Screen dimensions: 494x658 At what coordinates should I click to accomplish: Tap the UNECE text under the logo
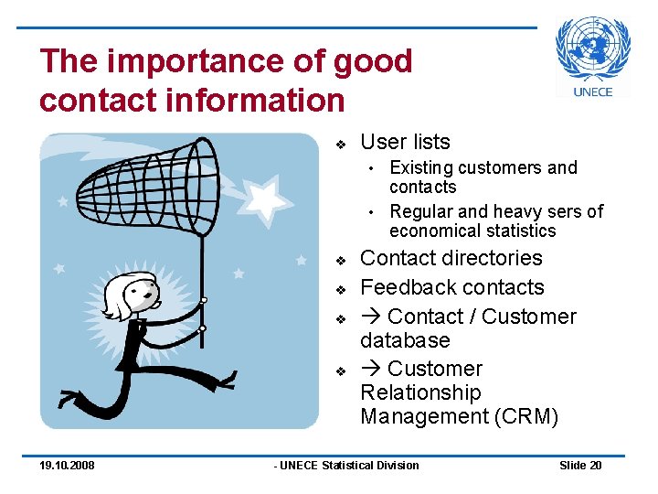pyautogui.click(x=593, y=91)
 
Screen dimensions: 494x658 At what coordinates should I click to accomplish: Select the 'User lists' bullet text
pyautogui.click(x=405, y=142)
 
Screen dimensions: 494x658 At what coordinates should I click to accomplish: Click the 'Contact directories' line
pyautogui.click(x=451, y=258)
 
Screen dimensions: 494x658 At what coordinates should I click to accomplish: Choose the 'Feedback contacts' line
pyautogui.click(x=452, y=287)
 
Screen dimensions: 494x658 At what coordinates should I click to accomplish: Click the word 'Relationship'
pyautogui.click(x=420, y=392)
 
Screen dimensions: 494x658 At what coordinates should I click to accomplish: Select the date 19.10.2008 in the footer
pyautogui.click(x=67, y=466)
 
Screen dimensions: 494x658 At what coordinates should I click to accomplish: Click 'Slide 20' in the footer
pyautogui.click(x=580, y=466)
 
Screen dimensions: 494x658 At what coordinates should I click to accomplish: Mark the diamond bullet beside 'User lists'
pyautogui.click(x=339, y=144)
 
